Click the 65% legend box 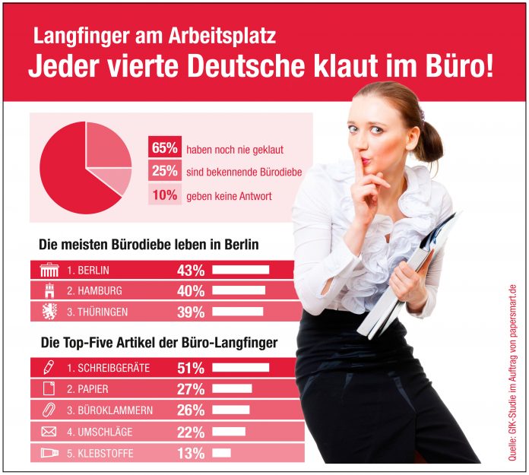click(164, 148)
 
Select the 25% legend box click(164, 172)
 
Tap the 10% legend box click(164, 196)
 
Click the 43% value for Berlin click(190, 270)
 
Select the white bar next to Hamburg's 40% click(239, 290)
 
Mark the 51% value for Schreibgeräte click(190, 368)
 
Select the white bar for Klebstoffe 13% click(221, 453)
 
